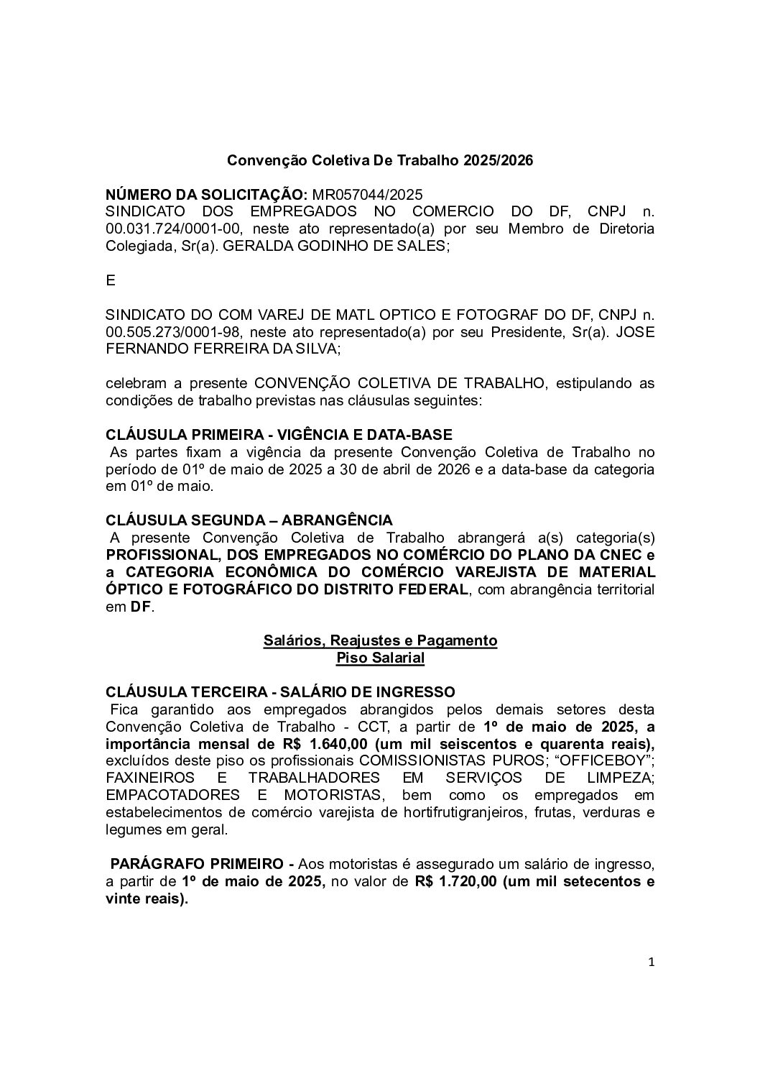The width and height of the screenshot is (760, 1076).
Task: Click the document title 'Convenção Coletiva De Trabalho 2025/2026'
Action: click(x=380, y=160)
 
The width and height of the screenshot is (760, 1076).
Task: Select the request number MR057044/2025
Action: click(x=367, y=195)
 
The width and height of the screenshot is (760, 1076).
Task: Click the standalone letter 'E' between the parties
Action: click(x=111, y=281)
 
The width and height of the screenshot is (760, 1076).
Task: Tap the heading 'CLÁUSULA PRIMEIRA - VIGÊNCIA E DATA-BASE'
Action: click(x=279, y=435)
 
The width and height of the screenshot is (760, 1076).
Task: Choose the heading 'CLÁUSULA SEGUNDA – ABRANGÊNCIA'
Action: click(x=249, y=520)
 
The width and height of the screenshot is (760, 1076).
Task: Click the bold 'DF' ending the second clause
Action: click(x=141, y=607)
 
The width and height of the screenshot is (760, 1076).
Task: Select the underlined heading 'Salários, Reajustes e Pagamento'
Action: click(x=380, y=640)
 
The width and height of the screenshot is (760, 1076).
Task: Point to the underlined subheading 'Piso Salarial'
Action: click(x=380, y=657)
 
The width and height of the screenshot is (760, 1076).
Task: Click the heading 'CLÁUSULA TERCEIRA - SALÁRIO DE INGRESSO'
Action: click(x=280, y=691)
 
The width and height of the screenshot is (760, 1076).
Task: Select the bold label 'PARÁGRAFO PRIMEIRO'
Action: click(x=197, y=863)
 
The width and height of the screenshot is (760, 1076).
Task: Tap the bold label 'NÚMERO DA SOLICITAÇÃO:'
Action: click(x=207, y=195)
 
